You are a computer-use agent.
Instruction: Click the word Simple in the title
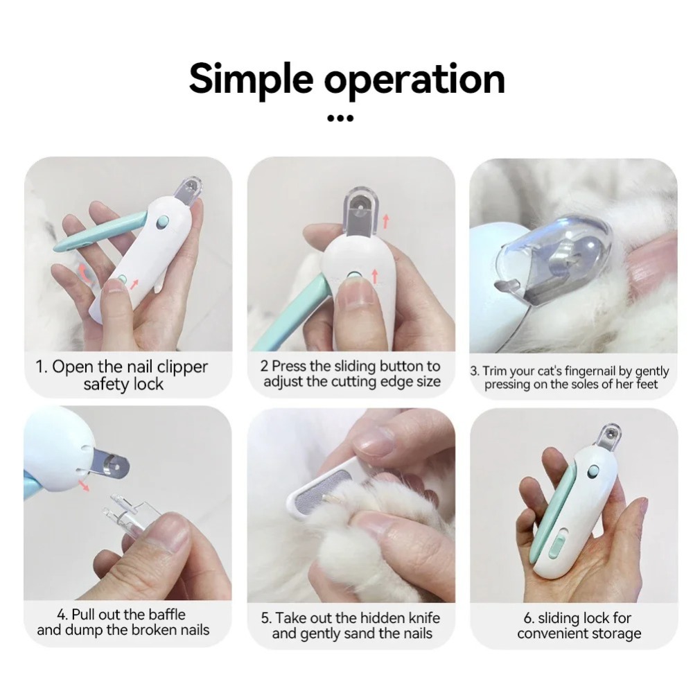tap(252, 79)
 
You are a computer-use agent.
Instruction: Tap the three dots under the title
tap(340, 119)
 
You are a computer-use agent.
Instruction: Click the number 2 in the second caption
tap(264, 366)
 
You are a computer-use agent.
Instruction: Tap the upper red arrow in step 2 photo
tap(385, 221)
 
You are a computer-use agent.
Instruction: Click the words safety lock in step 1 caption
tap(123, 385)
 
